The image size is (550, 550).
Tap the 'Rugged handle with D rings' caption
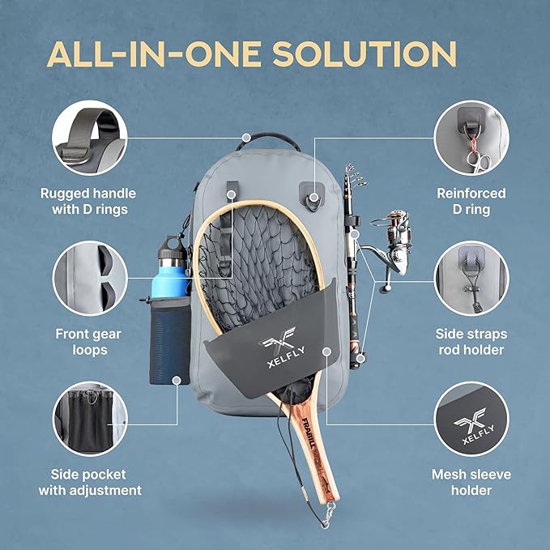coord(89,202)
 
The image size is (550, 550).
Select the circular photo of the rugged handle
coord(89,137)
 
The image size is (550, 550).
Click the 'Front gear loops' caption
coord(89,341)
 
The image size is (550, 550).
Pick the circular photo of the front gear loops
coord(89,278)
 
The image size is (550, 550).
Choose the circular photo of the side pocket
coord(89,420)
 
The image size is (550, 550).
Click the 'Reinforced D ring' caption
coord(471,202)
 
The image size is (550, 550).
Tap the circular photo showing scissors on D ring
coord(471,137)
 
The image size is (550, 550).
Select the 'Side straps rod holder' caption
coord(471,341)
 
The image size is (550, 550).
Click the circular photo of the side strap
coord(471,278)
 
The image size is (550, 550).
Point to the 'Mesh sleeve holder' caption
coord(471,482)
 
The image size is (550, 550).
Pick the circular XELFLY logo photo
coord(471,420)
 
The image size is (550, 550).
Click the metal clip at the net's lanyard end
coord(328,509)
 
